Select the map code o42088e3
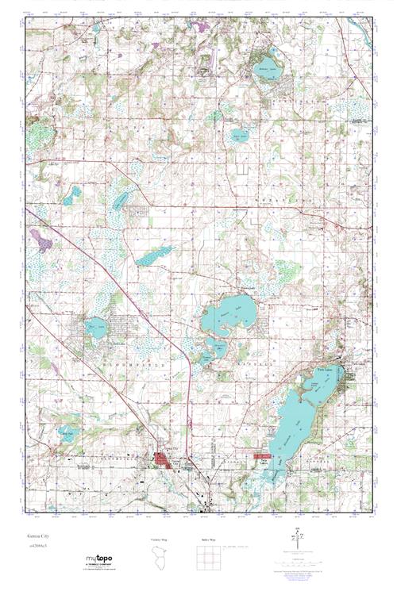[37, 547]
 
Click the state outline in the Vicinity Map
[160, 555]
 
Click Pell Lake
[98, 327]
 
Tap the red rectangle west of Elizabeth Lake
[263, 456]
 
